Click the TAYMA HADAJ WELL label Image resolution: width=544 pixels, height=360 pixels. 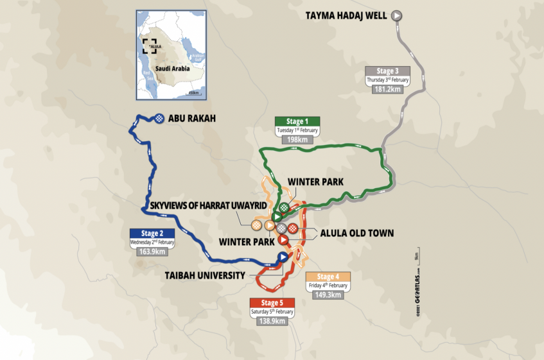tap(342, 15)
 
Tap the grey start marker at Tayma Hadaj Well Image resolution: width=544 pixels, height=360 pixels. tap(397, 15)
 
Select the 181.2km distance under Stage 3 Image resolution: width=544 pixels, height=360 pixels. tap(387, 89)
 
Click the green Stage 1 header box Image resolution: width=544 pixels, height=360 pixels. tap(297, 121)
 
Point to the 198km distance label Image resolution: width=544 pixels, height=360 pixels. tap(297, 139)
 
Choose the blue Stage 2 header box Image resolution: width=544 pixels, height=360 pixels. tap(152, 233)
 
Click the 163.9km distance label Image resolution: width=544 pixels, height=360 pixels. tap(152, 252)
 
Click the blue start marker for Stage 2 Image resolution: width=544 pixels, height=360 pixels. tap(282, 257)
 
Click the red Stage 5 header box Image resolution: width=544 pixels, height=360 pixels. tap(272, 302)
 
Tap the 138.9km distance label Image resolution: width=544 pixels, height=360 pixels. tap(272, 321)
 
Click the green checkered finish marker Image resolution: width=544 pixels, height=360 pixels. tap(283, 207)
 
